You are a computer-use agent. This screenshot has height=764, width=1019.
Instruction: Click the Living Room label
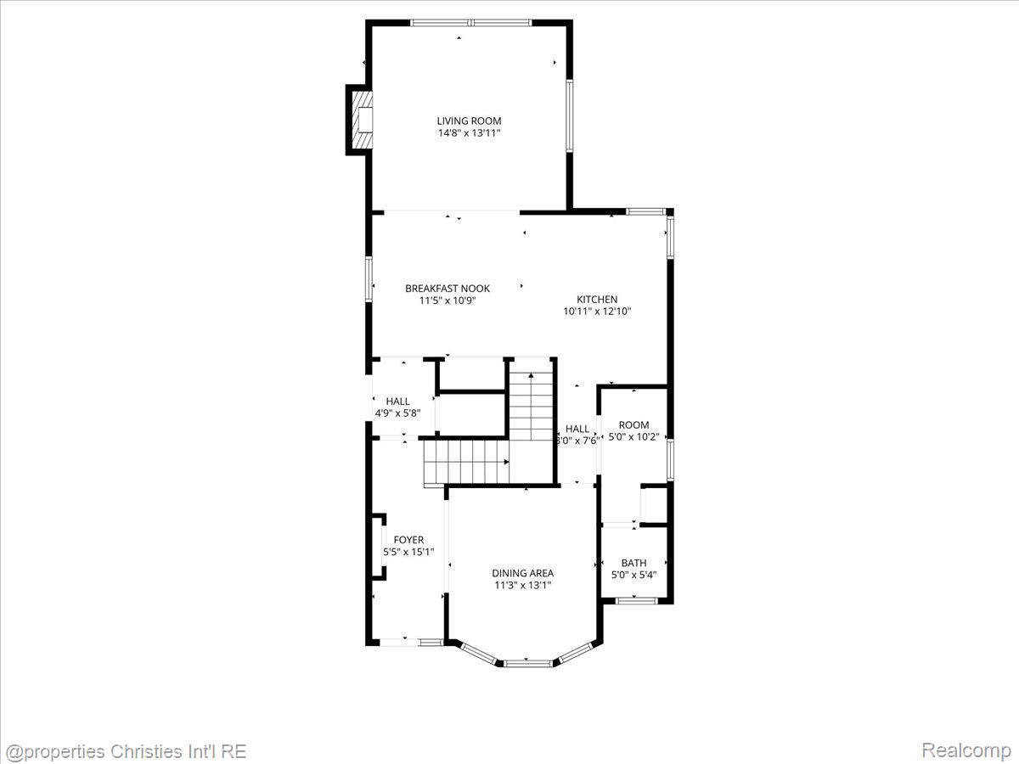(x=469, y=121)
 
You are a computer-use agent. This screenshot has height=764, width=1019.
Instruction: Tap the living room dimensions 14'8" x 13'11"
(x=469, y=133)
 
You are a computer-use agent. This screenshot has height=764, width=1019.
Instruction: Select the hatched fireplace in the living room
(x=362, y=120)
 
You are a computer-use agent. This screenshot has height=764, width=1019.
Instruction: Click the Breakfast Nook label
(x=448, y=289)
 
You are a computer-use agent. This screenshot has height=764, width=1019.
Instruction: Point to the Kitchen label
(x=597, y=299)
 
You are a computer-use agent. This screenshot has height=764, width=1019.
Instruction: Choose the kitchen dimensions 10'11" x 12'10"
(x=597, y=312)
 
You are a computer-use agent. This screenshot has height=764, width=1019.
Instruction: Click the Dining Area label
(x=523, y=573)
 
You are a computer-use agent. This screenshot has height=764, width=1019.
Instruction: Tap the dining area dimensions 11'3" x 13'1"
(x=523, y=586)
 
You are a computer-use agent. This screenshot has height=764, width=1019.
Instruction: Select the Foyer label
(x=408, y=540)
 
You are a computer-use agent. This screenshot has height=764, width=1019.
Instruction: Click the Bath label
(x=633, y=563)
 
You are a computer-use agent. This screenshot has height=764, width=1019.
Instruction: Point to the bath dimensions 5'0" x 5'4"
(x=633, y=576)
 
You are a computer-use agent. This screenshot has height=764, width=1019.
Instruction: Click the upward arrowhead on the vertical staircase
(x=531, y=375)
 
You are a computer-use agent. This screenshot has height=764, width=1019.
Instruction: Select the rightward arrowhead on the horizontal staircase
(x=506, y=462)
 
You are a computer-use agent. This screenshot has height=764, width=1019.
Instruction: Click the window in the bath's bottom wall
(x=637, y=601)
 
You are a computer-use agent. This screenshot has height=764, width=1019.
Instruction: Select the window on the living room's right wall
(x=569, y=116)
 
